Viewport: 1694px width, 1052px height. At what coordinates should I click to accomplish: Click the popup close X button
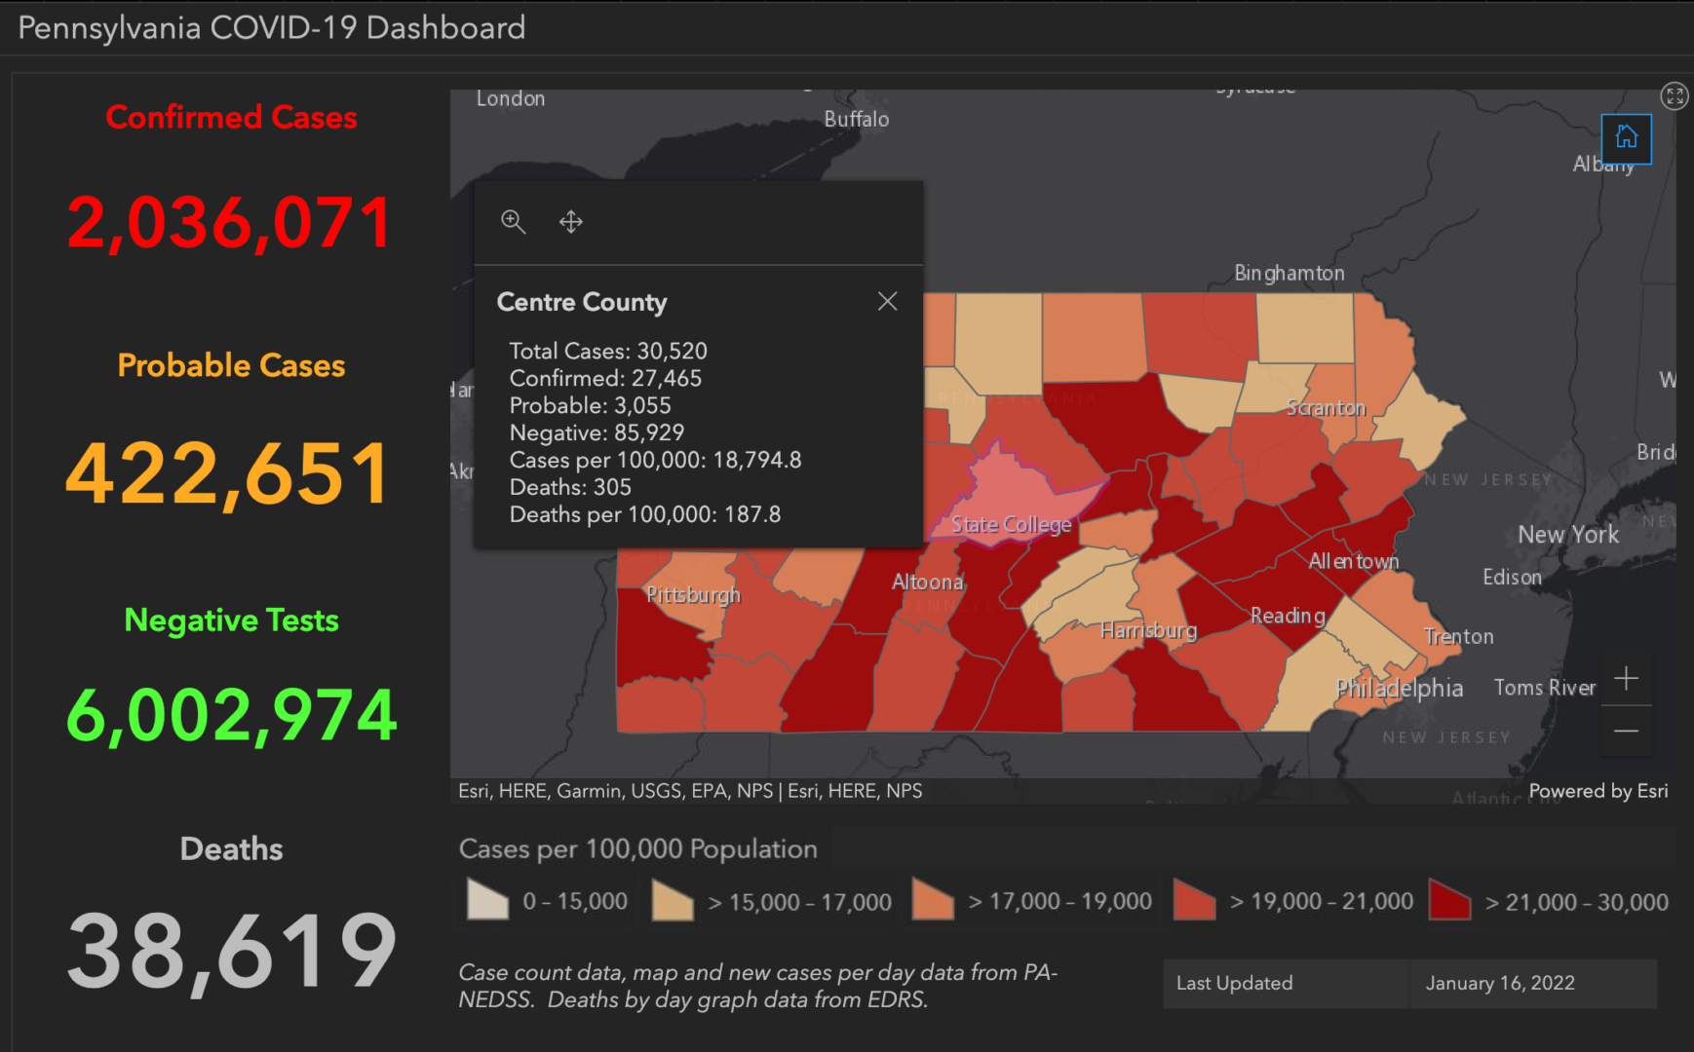[x=887, y=301]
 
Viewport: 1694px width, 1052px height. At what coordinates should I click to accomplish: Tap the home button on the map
[x=1626, y=137]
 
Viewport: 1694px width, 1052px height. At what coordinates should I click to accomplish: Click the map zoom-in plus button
[x=1626, y=678]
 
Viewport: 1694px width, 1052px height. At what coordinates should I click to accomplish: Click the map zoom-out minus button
[x=1626, y=731]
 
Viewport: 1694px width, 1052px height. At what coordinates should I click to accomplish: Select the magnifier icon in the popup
[x=513, y=221]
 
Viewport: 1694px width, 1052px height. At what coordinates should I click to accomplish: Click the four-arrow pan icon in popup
[x=571, y=221]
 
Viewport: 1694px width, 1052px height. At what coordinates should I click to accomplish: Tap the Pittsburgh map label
[x=693, y=594]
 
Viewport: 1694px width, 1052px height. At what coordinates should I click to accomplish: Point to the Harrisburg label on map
[x=1148, y=630]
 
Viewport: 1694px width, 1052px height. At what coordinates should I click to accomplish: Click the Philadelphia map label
[x=1399, y=688]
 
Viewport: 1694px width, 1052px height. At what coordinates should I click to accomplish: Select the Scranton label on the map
[x=1326, y=407]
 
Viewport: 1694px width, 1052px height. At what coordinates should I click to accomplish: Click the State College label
[x=1011, y=524]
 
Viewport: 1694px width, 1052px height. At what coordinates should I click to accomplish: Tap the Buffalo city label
[x=856, y=119]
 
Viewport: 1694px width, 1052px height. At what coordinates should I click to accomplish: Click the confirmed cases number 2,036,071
[x=230, y=222]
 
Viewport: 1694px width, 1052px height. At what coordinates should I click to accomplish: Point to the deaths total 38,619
[x=231, y=951]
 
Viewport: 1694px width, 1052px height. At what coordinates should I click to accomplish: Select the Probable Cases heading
[x=231, y=365]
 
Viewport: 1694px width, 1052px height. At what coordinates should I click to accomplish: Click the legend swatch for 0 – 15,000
[x=487, y=900]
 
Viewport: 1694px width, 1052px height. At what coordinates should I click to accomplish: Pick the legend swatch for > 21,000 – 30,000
[x=1448, y=900]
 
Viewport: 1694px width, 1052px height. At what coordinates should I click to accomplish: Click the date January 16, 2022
[x=1499, y=983]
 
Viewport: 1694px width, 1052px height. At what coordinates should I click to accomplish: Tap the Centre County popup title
[x=582, y=302]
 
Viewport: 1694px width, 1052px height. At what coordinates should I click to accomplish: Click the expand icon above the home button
[x=1674, y=95]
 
